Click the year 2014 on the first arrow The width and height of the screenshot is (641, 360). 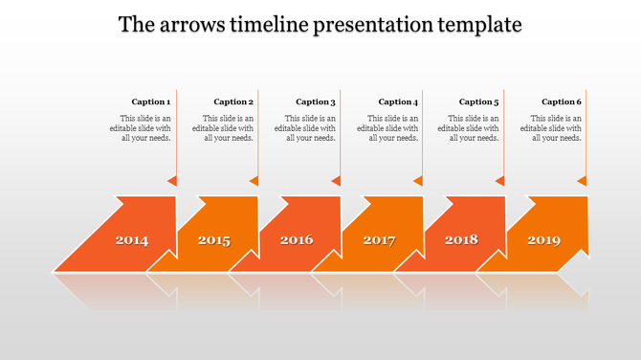tap(132, 240)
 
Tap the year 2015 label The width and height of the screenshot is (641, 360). tap(214, 240)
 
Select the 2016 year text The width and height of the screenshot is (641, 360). tap(297, 240)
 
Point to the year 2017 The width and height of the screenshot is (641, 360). tap(379, 240)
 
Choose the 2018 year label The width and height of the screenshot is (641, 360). tap(461, 240)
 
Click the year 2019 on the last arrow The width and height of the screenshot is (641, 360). tap(543, 240)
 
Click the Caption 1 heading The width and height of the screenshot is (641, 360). tap(151, 101)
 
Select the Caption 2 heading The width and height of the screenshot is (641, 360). tap(233, 101)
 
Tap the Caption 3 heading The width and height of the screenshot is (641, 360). tap(316, 101)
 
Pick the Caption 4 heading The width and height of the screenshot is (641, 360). tap(398, 101)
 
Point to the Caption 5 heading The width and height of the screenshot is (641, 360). tap(479, 101)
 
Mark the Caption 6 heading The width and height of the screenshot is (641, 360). tap(562, 101)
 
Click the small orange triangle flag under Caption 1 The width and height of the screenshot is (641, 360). tap(172, 180)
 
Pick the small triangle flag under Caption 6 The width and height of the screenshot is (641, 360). tap(582, 180)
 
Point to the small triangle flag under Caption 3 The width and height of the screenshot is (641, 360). tap(336, 180)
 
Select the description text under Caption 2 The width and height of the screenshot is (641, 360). tap(224, 127)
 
